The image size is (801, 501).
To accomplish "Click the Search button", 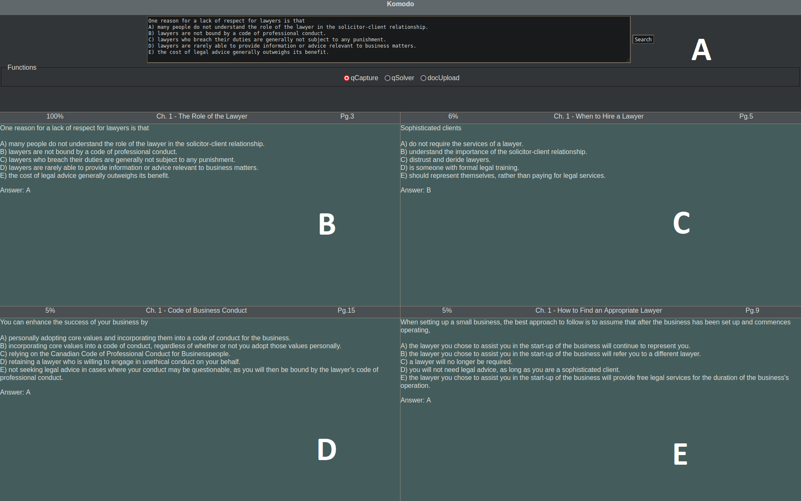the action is point(643,39).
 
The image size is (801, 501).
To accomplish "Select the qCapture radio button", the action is point(346,78).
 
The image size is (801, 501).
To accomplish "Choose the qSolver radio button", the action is point(387,78).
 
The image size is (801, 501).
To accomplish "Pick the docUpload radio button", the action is point(423,78).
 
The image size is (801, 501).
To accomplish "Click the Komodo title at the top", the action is point(400,4).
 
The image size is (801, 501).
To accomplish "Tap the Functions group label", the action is point(22,68).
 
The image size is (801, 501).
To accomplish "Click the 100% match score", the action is point(55,116).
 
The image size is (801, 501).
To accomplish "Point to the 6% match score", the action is point(453,116).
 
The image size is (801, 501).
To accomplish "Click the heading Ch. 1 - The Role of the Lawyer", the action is point(202,116).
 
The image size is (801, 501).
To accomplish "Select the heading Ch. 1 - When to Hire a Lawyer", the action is point(599,116).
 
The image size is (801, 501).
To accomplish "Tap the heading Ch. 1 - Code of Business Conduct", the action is point(196,311).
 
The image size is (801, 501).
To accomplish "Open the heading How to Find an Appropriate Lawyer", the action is point(610,311).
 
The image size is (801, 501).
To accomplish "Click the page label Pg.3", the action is point(347,116).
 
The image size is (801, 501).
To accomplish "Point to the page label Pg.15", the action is point(346,311).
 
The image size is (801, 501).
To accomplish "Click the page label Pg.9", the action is point(752,311).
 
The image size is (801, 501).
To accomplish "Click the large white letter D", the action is point(327,450).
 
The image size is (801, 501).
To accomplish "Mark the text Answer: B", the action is point(416,190).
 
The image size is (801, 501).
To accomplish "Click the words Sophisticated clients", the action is point(431,128).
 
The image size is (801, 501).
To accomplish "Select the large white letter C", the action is point(681,223).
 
